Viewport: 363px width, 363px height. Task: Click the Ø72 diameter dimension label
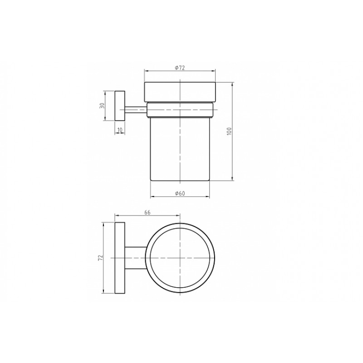tap(180, 68)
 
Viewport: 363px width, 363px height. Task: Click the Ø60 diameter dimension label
tap(180, 193)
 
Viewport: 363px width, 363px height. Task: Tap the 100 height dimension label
tap(229, 131)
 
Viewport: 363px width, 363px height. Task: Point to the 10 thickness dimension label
tap(120, 130)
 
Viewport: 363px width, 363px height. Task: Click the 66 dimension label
tap(147, 212)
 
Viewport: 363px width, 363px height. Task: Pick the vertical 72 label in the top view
tap(100, 258)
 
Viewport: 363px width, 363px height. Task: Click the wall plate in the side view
tap(120, 106)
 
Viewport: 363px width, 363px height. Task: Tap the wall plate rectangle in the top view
tap(120, 258)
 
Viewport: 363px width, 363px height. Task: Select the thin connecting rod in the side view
tap(136, 110)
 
